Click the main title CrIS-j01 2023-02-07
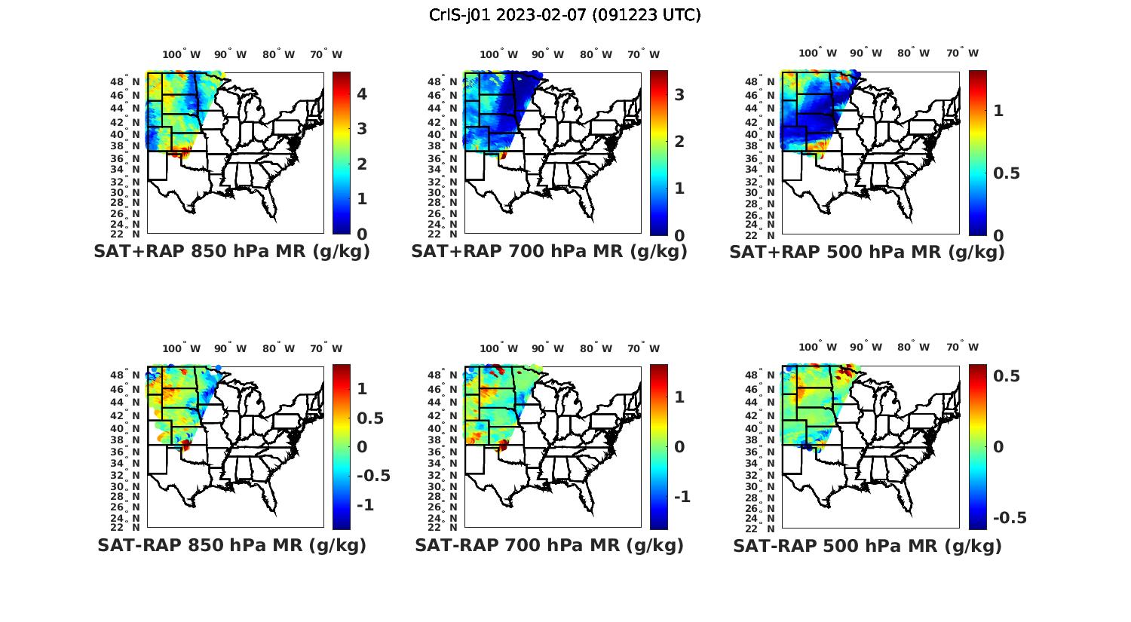tap(565, 15)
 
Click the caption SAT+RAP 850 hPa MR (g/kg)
tap(231, 252)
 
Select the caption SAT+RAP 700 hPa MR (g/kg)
tap(549, 252)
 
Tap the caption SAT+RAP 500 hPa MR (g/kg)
tap(867, 252)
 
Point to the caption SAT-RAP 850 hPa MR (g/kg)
tap(231, 545)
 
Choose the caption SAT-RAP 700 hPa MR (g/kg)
tap(549, 545)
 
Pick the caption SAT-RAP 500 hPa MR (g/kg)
tap(867, 545)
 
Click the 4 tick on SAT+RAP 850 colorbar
tap(362, 94)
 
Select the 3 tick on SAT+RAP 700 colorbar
tap(679, 94)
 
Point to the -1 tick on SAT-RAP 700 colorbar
tap(682, 497)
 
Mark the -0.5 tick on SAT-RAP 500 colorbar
tap(1010, 518)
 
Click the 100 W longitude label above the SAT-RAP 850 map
tap(181, 348)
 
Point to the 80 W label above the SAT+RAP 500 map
tap(913, 54)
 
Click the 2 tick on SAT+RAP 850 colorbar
tap(362, 164)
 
